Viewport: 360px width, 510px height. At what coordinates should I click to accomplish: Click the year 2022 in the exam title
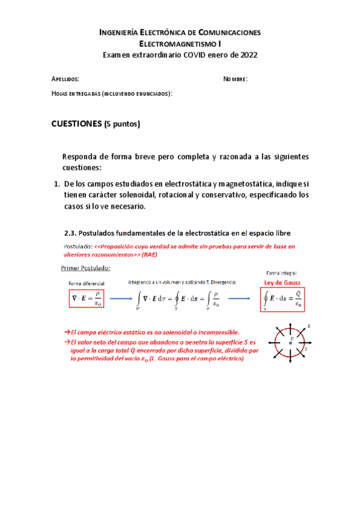click(246, 55)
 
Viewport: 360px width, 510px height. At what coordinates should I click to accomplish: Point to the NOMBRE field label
click(236, 79)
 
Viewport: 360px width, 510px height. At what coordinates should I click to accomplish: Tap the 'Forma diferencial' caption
click(86, 283)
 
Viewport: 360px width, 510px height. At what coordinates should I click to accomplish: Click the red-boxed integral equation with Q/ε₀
click(281, 299)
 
